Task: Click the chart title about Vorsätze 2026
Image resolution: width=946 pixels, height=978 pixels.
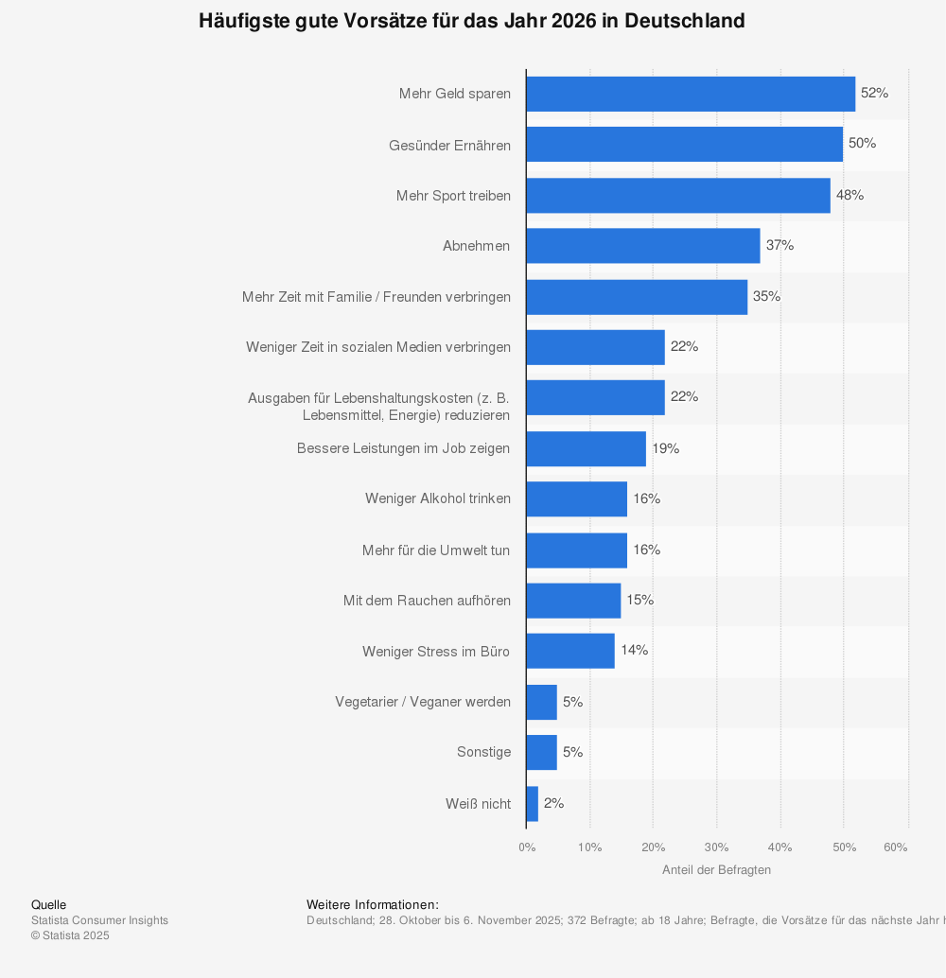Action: [x=471, y=21]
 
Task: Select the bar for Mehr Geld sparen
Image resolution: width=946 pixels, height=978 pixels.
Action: [x=691, y=94]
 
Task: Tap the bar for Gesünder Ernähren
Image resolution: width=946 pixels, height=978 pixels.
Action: [x=684, y=145]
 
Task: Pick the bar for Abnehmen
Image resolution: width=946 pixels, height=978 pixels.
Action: [x=643, y=246]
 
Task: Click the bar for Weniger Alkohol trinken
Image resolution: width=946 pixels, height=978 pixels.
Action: [x=576, y=498]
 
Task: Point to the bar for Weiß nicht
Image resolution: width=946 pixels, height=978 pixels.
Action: [x=533, y=803]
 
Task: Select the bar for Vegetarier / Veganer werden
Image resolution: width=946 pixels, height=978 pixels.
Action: [x=542, y=702]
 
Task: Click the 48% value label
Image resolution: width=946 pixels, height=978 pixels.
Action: [x=850, y=195]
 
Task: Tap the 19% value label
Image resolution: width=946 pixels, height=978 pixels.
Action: [x=665, y=448]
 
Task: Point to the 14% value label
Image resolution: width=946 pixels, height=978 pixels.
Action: [x=634, y=651]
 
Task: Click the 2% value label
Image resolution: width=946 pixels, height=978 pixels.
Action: [x=553, y=803]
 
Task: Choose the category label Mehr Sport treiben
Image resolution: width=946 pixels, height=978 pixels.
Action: [x=453, y=196]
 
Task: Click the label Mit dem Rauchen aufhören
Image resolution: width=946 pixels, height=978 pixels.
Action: [x=427, y=601]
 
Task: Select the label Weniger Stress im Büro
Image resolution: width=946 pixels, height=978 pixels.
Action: [x=436, y=651]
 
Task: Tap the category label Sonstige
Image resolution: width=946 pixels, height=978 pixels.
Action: [x=483, y=752]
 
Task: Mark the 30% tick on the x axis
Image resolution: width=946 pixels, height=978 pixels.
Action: [x=716, y=847]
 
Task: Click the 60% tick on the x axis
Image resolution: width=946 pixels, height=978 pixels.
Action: [x=895, y=847]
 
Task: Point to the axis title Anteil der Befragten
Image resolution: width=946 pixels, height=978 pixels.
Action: [x=716, y=870]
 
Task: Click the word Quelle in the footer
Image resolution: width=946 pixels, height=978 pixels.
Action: [x=49, y=905]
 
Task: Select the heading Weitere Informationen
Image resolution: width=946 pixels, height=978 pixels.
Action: [x=373, y=905]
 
